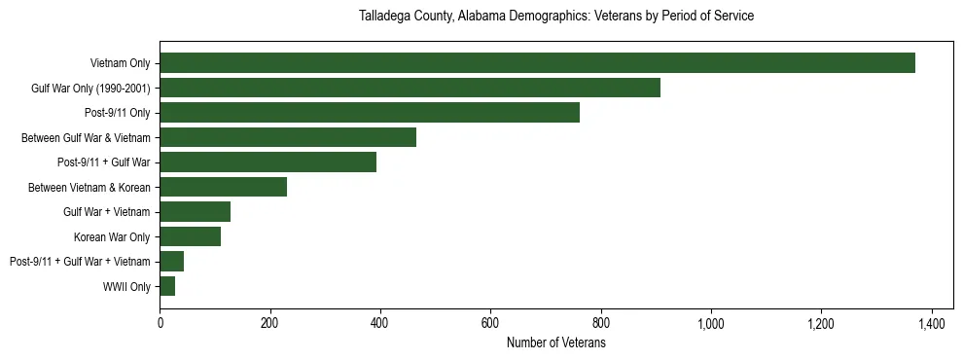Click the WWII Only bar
167,286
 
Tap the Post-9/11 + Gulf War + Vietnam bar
171,262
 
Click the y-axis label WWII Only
126,286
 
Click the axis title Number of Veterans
556,343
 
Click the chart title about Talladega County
556,17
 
